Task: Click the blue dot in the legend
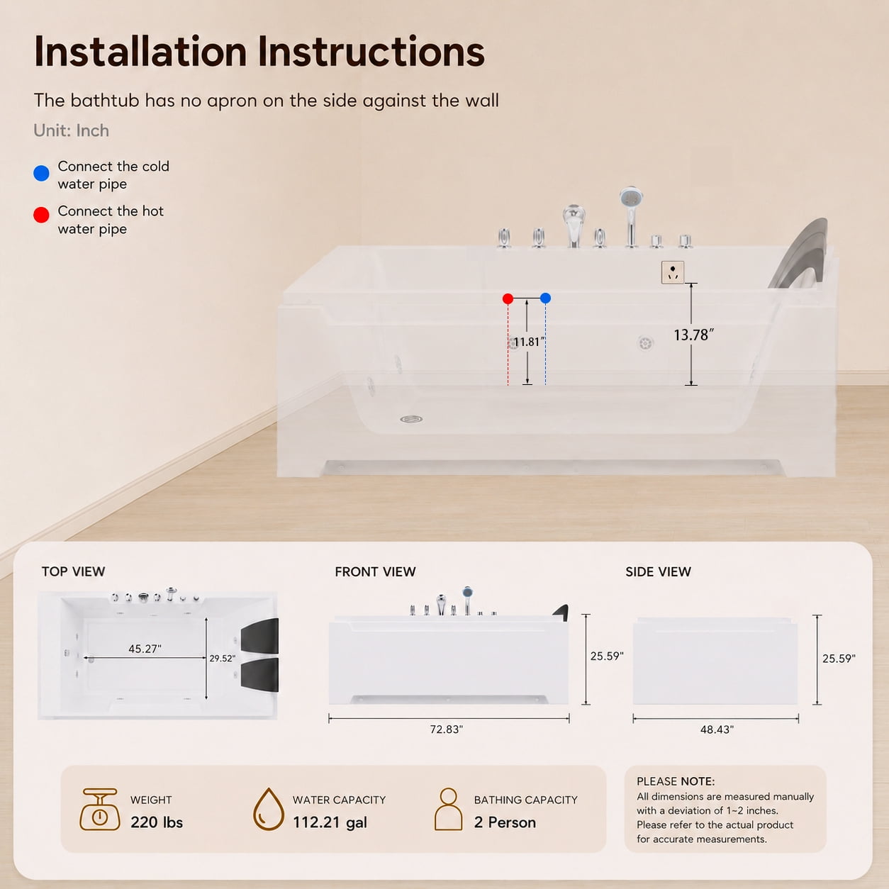coord(42,174)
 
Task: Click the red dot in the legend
coord(42,215)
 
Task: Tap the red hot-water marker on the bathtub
coord(508,299)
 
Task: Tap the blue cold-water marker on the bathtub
coord(545,298)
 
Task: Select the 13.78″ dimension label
coord(693,335)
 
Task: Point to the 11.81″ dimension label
coord(529,342)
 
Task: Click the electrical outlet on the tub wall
coord(673,272)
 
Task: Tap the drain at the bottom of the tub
coord(411,419)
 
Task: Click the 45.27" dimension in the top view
coord(145,649)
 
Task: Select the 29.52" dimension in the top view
coord(223,659)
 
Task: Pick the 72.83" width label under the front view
coord(446,729)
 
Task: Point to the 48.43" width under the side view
coord(717,729)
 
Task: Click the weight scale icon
coord(99,810)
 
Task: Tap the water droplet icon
coord(269,810)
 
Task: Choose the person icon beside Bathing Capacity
coord(448,809)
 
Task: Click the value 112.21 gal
coord(330,822)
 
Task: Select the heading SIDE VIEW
coord(659,571)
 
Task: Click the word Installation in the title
coord(140,51)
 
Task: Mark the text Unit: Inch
coord(71,130)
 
